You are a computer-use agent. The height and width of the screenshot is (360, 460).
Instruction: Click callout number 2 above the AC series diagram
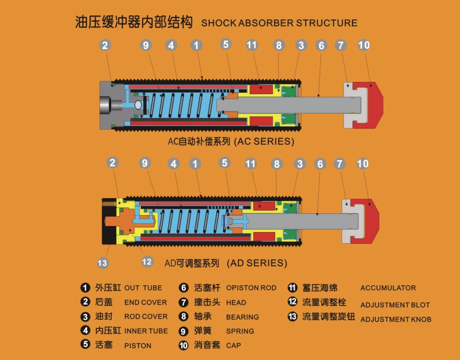tap(105, 45)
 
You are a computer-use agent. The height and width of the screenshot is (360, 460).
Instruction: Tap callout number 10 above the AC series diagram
tap(364, 45)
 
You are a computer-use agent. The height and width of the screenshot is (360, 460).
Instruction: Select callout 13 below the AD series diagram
tap(103, 263)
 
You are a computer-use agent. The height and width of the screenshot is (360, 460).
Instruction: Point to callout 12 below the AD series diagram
tap(147, 262)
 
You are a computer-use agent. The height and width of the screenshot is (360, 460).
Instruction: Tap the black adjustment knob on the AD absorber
tap(108, 221)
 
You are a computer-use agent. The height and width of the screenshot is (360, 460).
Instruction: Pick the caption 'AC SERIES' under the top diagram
tap(264, 141)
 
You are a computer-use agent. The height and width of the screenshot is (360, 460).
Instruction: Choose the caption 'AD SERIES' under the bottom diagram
tap(257, 263)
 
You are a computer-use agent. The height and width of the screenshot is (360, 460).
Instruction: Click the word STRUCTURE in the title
tap(326, 23)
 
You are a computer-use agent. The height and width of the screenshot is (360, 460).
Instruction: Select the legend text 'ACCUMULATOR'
tap(388, 288)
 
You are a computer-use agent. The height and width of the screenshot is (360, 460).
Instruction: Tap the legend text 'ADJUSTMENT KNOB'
tap(395, 319)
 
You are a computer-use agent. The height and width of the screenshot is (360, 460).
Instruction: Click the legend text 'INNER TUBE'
tap(146, 331)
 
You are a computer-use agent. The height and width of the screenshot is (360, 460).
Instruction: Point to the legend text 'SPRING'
tap(240, 331)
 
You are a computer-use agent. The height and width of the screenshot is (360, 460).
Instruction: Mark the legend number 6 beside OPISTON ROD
tap(184, 288)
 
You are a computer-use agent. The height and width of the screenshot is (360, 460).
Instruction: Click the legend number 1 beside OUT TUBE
tap(85, 288)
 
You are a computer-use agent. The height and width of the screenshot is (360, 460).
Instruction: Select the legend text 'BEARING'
tap(242, 317)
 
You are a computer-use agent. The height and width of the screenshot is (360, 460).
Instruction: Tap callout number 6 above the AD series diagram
tap(320, 164)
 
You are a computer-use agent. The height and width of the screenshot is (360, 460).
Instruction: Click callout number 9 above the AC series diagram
tap(146, 45)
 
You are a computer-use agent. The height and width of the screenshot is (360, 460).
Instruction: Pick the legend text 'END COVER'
tap(146, 303)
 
